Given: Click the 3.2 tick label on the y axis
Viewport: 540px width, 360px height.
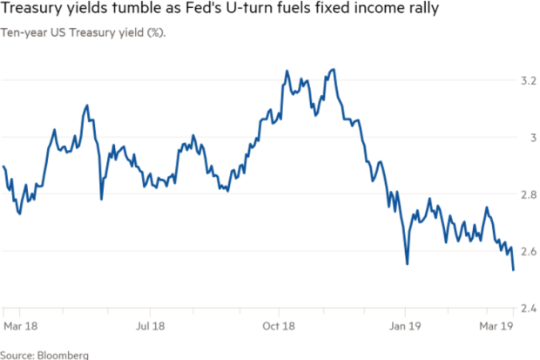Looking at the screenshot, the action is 529,81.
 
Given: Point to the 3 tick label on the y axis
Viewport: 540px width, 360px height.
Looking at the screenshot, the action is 533,138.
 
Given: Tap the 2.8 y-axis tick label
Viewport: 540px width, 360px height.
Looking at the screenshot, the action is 529,194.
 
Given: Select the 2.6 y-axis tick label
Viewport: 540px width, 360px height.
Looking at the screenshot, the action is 529,251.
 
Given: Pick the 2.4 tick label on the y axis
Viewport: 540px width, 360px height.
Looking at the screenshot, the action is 529,309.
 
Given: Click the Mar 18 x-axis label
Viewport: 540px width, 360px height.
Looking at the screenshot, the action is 21,326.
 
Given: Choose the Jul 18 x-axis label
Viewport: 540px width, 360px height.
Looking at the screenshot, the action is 150,326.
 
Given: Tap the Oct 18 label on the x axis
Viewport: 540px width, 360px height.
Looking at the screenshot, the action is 279,326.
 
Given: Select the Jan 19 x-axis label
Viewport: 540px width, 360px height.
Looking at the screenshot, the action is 405,326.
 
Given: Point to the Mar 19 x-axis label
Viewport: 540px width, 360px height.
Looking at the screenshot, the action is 496,326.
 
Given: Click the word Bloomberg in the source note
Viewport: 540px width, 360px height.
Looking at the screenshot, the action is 63,355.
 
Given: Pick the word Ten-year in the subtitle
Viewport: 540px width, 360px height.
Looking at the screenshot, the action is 24,33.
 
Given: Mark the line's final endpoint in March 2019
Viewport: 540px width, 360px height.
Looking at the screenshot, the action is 514,270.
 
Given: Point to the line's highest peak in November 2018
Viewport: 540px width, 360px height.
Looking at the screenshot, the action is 334,70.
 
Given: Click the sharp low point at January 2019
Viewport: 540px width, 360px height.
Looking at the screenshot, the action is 408,264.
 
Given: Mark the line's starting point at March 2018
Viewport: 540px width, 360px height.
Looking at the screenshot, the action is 3,166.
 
